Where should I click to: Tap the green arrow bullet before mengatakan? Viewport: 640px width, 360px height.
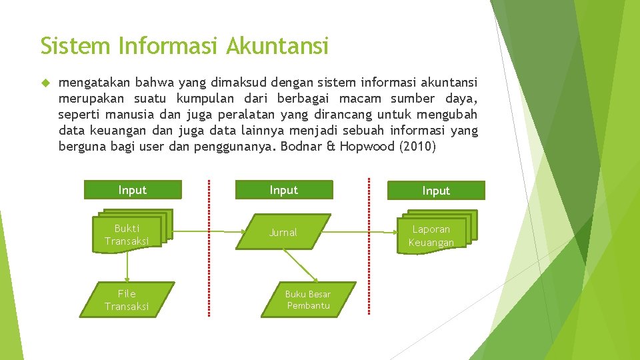coord(45,83)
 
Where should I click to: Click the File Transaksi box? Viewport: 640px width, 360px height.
coord(127,300)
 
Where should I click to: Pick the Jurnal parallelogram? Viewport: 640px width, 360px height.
coord(283,232)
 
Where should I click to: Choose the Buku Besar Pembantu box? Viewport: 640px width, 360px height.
coord(307,300)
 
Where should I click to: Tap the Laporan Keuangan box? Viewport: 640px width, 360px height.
coord(431,235)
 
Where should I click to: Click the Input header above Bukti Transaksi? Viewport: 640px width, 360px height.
coord(133,190)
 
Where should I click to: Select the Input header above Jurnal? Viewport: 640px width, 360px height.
coord(283,190)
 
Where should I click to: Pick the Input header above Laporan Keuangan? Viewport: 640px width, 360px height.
coord(436,191)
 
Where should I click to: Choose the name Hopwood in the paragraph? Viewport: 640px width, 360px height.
coord(367,146)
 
